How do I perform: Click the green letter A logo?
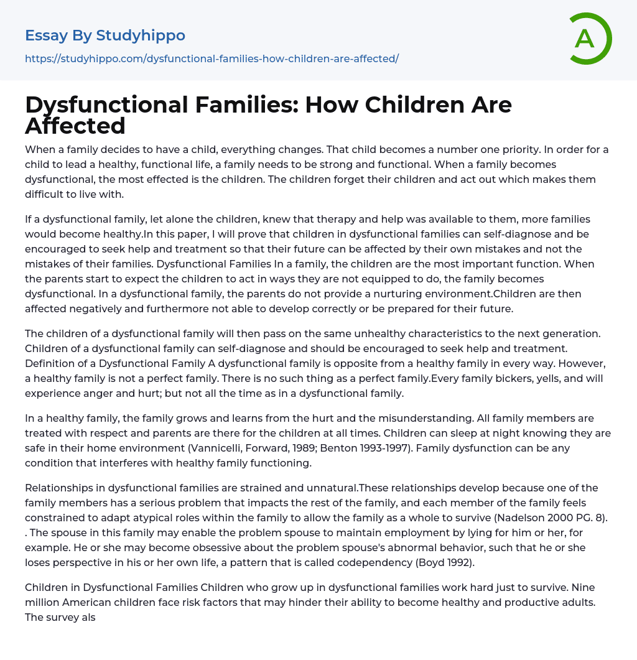point(590,39)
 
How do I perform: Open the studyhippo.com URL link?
point(212,58)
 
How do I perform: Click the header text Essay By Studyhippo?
point(105,35)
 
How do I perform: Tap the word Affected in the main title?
point(75,126)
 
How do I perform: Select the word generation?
point(570,333)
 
